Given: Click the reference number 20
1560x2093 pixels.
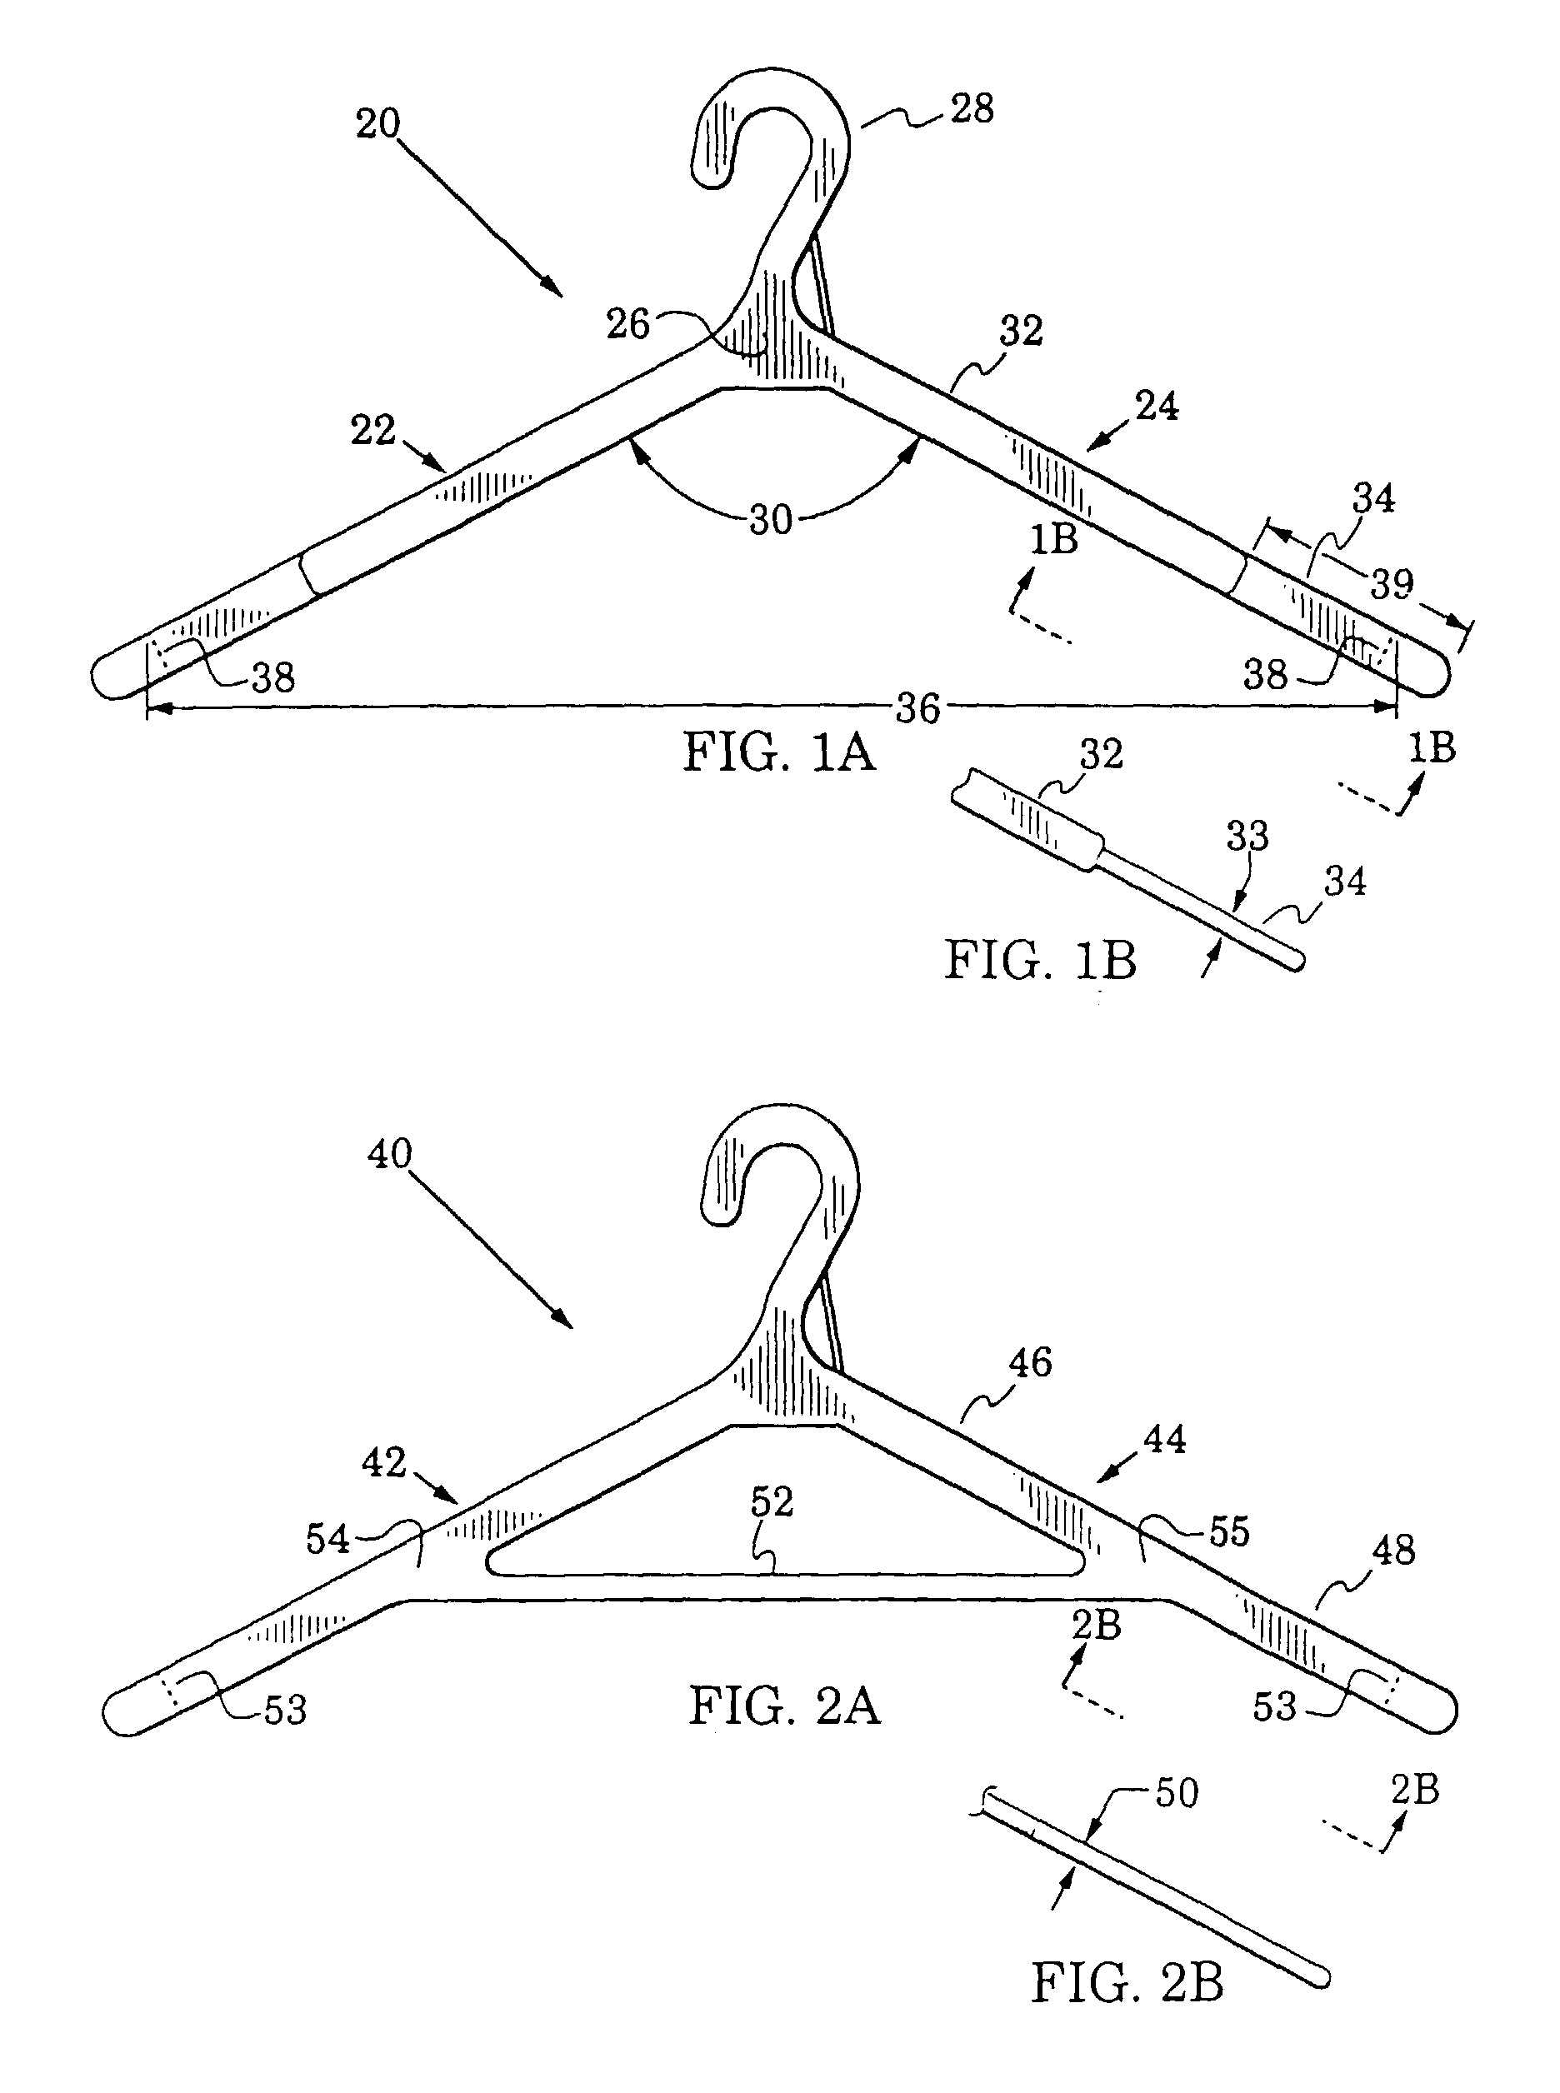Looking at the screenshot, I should click(377, 123).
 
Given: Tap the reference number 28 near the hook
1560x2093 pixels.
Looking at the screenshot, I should click(972, 108).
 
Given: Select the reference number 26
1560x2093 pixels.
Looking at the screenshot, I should click(628, 324).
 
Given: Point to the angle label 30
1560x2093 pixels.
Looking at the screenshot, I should click(771, 520).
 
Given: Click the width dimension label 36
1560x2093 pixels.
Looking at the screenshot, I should click(917, 708).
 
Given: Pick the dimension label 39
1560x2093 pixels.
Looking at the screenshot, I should click(1392, 584).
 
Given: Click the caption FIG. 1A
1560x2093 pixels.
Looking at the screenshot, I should click(779, 753).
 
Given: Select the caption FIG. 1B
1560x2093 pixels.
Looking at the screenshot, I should click(1040, 961).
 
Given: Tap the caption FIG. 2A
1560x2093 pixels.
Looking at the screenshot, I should click(784, 1707).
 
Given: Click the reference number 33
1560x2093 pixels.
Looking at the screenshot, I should click(1247, 836).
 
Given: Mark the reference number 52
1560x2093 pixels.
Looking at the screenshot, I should click(772, 1501).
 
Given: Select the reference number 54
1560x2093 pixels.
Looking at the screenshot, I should click(327, 1539).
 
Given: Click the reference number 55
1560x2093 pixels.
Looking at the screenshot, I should click(1228, 1531).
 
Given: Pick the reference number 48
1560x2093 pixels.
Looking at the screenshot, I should click(1394, 1550).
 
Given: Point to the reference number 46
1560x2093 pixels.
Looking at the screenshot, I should click(1029, 1362).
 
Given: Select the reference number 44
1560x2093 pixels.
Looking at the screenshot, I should click(1164, 1439).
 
